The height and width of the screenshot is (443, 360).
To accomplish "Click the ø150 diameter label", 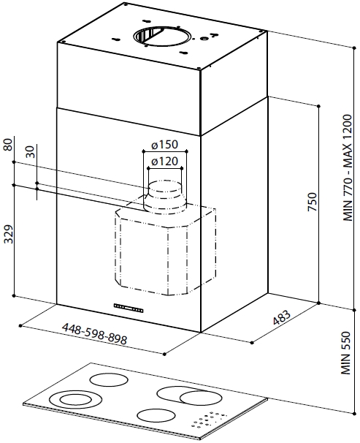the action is [x=164, y=145].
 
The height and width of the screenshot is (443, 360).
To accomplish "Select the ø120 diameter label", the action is [x=164, y=162].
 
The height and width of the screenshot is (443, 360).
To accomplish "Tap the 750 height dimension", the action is [x=313, y=202].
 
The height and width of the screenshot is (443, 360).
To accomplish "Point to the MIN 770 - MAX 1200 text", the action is [x=347, y=168].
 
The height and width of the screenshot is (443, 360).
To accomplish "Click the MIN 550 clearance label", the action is [x=346, y=353].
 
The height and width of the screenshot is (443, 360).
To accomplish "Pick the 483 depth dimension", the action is [x=282, y=317].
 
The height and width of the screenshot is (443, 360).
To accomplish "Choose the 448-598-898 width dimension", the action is [x=94, y=333].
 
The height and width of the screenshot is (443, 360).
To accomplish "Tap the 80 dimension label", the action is [x=9, y=144].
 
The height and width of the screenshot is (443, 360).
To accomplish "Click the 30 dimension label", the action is [x=31, y=152].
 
